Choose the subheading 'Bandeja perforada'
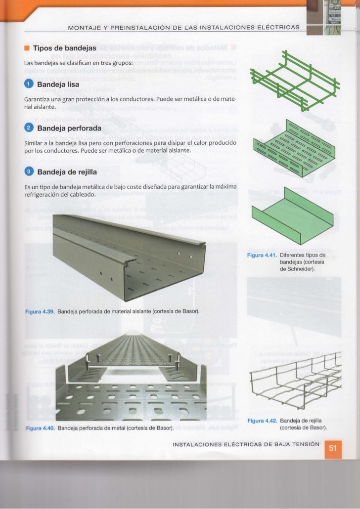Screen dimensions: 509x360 pyautogui.click(x=69, y=128)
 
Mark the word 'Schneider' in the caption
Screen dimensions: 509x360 pyautogui.click(x=299, y=269)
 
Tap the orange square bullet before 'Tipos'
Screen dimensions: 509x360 pyautogui.click(x=26, y=48)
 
